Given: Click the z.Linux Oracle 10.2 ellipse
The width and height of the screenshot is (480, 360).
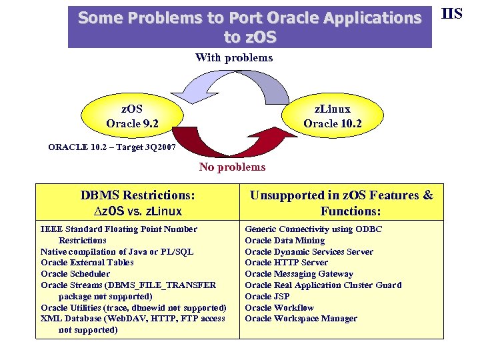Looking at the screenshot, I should [x=332, y=116].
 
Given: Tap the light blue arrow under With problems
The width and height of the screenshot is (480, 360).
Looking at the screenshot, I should [x=200, y=85].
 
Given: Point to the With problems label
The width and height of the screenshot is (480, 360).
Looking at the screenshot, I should [x=233, y=57].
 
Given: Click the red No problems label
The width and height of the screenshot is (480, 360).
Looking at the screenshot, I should [x=232, y=167].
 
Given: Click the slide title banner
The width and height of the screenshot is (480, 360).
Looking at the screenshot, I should [x=250, y=27].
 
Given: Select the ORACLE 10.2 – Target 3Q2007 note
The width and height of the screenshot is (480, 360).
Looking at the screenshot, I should [x=112, y=147].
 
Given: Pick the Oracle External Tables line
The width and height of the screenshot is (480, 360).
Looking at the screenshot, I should [x=87, y=263].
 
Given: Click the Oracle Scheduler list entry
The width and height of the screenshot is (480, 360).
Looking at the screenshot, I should [x=75, y=273].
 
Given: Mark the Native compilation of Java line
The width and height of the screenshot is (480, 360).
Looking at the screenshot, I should [x=117, y=251].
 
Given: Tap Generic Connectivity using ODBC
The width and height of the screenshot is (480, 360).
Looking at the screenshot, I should [x=313, y=229].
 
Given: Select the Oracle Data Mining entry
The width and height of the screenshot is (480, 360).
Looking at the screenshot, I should [x=285, y=240].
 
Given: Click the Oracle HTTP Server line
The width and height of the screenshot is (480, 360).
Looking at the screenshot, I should [x=286, y=263].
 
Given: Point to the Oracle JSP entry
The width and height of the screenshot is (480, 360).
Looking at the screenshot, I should [x=267, y=296].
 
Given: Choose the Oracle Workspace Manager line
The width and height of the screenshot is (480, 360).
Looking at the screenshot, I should [x=301, y=319].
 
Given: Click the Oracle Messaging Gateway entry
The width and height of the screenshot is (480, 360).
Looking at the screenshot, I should [x=299, y=274].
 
